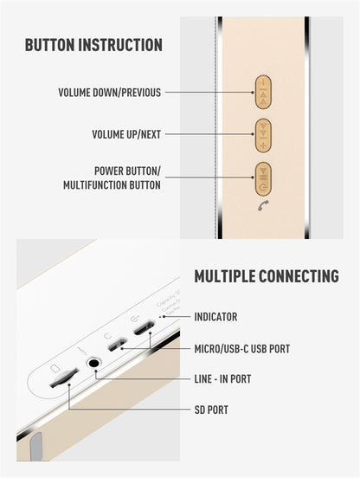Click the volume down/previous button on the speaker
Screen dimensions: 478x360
tap(263, 91)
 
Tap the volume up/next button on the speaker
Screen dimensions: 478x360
tap(263, 133)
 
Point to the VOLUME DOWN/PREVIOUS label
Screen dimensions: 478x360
tap(109, 92)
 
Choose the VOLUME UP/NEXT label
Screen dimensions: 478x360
tap(125, 134)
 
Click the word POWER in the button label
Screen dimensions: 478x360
tap(112, 171)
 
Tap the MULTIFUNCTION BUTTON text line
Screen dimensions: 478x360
tap(111, 185)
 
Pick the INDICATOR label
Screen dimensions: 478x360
tap(215, 318)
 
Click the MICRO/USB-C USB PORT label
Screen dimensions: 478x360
tap(241, 349)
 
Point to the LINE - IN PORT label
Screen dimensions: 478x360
tap(222, 379)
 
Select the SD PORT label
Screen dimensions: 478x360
tap(211, 410)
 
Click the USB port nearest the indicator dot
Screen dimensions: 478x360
tap(144, 329)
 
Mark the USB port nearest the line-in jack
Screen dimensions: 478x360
tap(116, 345)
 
